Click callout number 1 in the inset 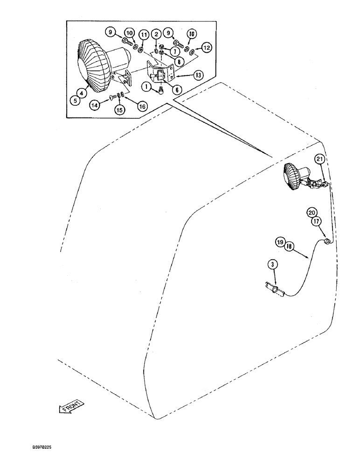pos(147,86)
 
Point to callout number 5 pos(74,98)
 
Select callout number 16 pos(142,106)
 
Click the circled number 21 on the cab pos(319,159)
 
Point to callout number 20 pos(311,212)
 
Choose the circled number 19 pos(279,242)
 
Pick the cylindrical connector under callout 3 pos(275,291)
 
